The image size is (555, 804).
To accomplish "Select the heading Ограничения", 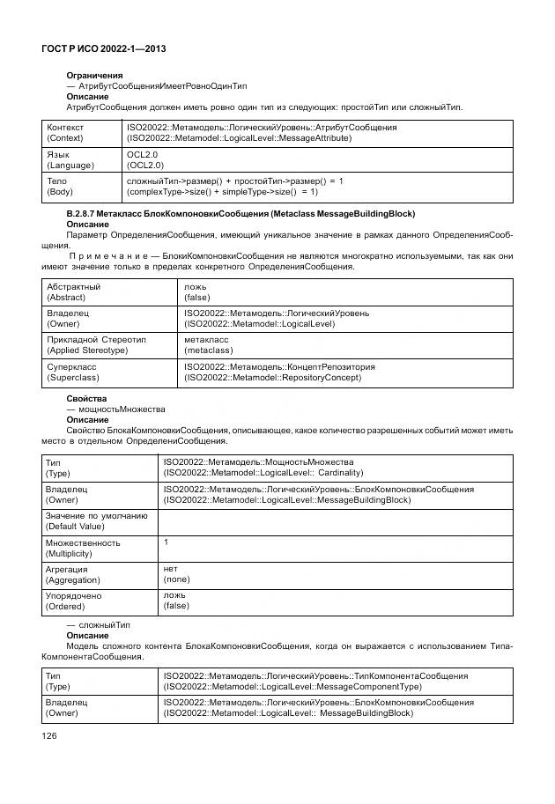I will (95, 76).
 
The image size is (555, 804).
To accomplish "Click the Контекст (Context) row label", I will (65, 133).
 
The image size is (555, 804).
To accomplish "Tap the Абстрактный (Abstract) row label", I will (74, 292).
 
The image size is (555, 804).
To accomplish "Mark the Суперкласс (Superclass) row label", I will (72, 372).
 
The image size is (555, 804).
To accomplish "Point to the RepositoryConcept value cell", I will (279, 372).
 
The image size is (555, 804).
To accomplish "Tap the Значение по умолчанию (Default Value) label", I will (96, 520).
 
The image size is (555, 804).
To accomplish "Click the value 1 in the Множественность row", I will (166, 542).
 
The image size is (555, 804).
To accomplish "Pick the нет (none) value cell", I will (177, 574).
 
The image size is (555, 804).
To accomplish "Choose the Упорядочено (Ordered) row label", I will (73, 601).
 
